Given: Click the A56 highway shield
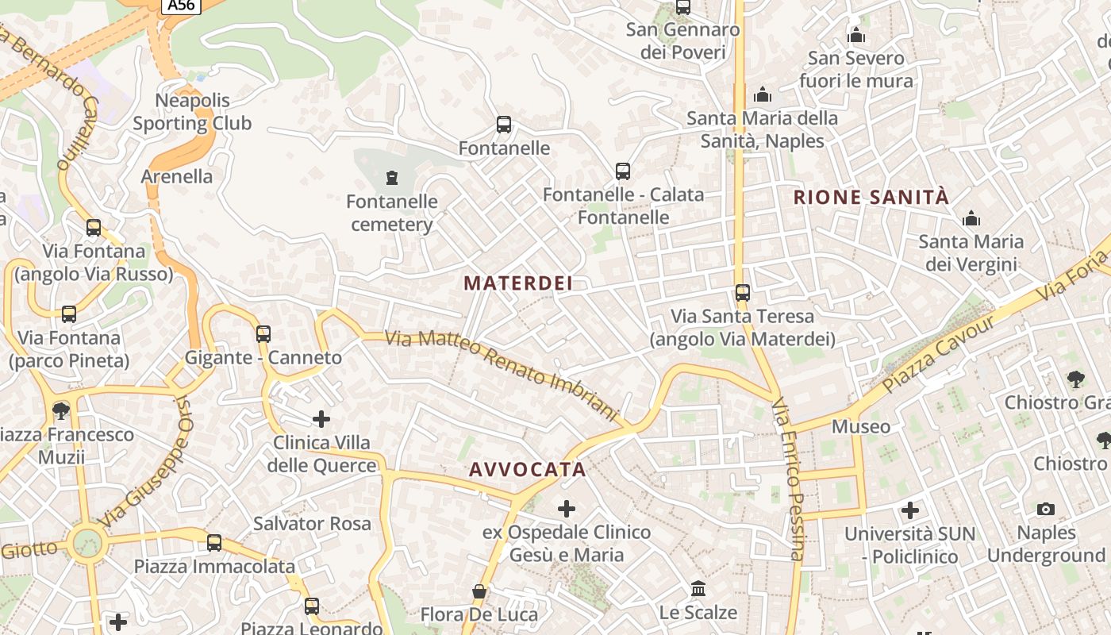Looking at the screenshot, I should coord(182,6).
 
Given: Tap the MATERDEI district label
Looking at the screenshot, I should coord(518,283).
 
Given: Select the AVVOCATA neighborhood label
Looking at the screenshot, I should coord(528,469).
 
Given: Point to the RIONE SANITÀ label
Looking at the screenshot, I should coord(871,198).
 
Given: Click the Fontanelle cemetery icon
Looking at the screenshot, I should coord(391,177).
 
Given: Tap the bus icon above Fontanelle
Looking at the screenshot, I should coord(504,125).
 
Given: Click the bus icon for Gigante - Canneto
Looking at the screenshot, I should coord(263,334).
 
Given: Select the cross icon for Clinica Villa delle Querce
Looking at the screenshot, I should coord(321,418).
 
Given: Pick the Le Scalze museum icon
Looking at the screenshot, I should coord(698,589).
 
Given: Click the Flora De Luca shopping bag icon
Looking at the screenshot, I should coord(479,591).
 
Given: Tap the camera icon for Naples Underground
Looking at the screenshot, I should coord(1046,509).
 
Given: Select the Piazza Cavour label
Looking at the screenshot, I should coord(938,353).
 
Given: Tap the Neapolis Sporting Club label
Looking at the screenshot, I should coord(192,112).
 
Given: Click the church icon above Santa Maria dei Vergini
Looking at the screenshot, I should coord(971,218).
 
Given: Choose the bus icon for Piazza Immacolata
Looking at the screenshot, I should coord(214,543).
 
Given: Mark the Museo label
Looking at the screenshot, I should coord(861,427).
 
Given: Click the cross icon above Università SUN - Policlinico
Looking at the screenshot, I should coord(910,510).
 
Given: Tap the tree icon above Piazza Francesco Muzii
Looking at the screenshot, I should coord(60,411).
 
